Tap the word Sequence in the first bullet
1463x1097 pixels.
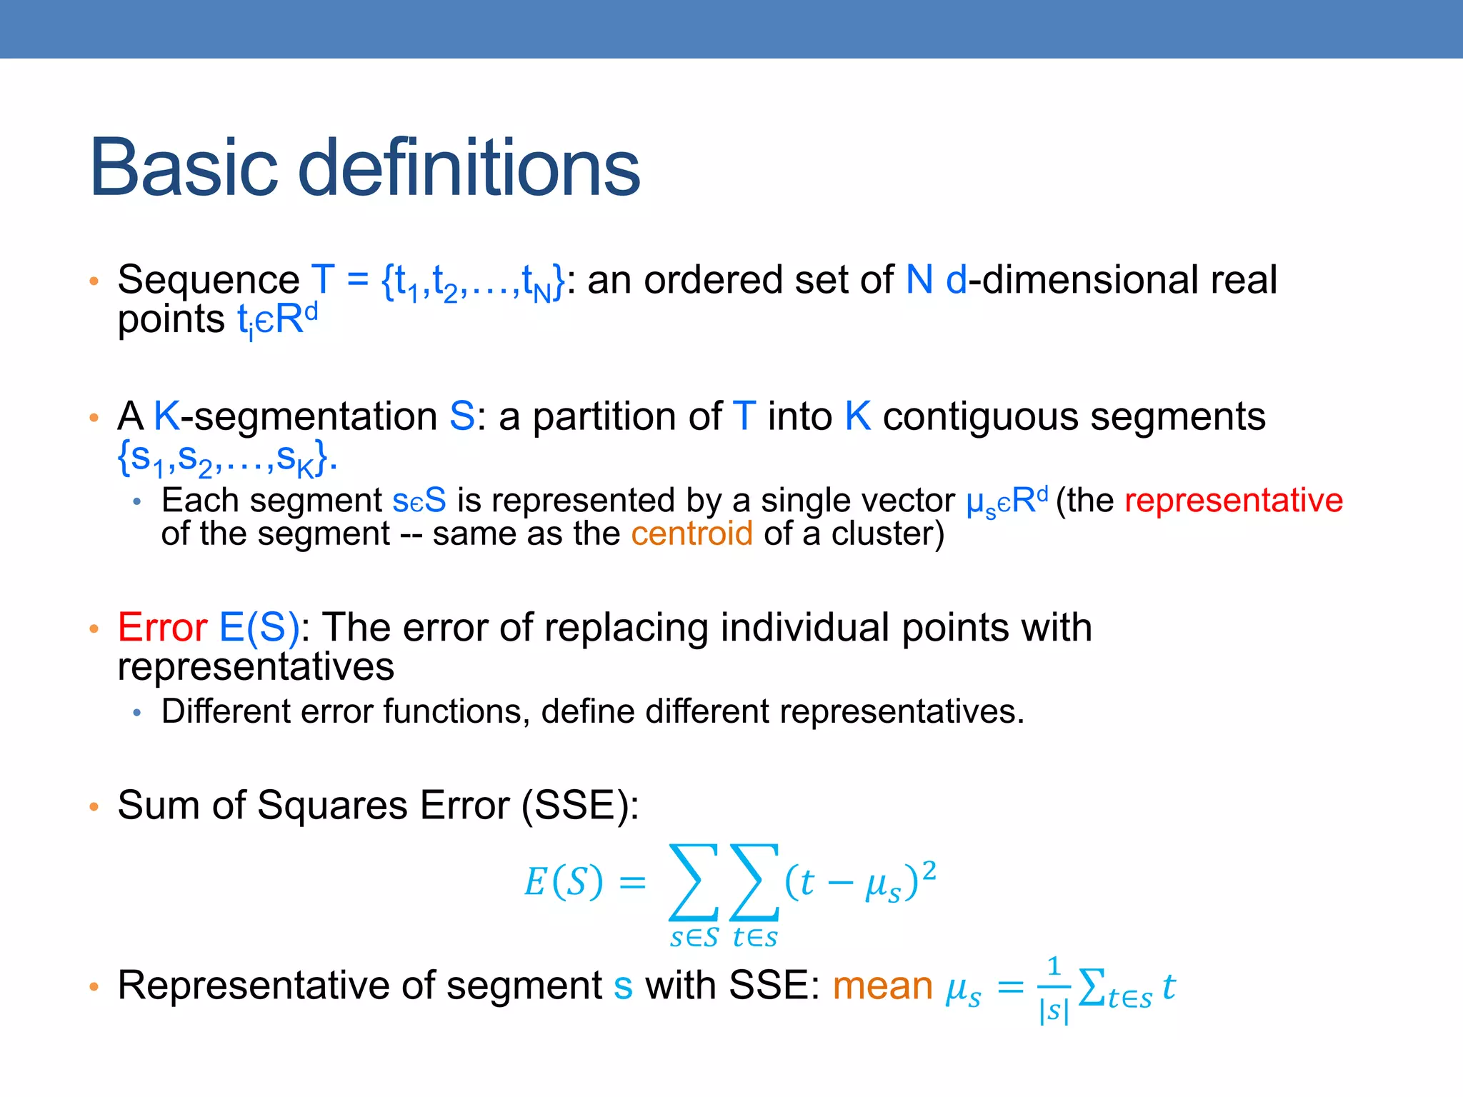click(x=208, y=279)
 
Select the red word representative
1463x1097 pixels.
click(x=1234, y=500)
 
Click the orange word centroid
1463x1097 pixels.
click(x=691, y=534)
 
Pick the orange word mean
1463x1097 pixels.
click(x=882, y=986)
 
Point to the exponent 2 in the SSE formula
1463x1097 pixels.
click(x=929, y=871)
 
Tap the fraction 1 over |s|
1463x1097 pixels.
click(x=1054, y=989)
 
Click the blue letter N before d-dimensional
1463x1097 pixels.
click(x=919, y=279)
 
